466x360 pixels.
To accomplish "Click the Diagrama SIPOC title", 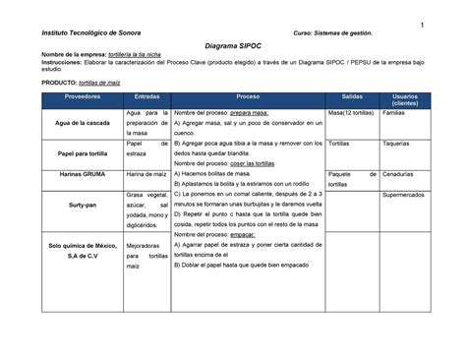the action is tap(233, 46).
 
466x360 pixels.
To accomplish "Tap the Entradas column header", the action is tap(147, 99).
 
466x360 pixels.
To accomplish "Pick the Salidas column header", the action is tap(352, 99).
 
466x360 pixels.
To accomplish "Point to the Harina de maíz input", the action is tap(147, 174).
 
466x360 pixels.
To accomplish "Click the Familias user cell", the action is tap(393, 115).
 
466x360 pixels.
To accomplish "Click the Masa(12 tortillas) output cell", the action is tap(352, 115).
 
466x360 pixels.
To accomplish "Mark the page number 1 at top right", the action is tap(420, 25).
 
